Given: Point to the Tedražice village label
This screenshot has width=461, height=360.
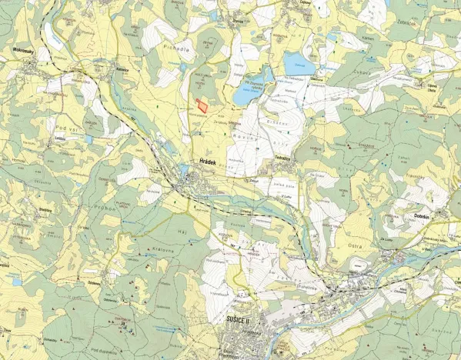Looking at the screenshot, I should [286, 158].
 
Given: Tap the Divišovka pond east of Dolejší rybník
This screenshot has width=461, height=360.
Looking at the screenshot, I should [296, 62].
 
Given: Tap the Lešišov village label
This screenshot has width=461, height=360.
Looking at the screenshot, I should [58, 139].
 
